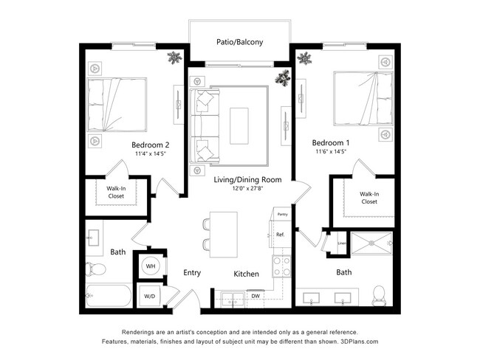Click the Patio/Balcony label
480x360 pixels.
tap(239, 43)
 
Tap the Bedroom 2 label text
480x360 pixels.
tap(151, 145)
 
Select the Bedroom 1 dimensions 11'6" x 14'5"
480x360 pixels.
tap(329, 151)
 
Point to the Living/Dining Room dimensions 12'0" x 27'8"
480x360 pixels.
tap(238, 188)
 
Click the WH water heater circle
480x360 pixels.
tap(150, 266)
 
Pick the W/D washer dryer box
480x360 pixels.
tap(150, 297)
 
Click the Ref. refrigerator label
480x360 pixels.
tap(281, 235)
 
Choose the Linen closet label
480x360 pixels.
tap(342, 243)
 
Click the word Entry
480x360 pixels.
tap(192, 273)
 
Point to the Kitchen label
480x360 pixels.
tap(246, 274)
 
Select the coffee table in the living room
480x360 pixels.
tap(239, 125)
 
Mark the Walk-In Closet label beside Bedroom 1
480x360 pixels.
tap(369, 198)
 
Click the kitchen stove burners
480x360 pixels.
tap(281, 266)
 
